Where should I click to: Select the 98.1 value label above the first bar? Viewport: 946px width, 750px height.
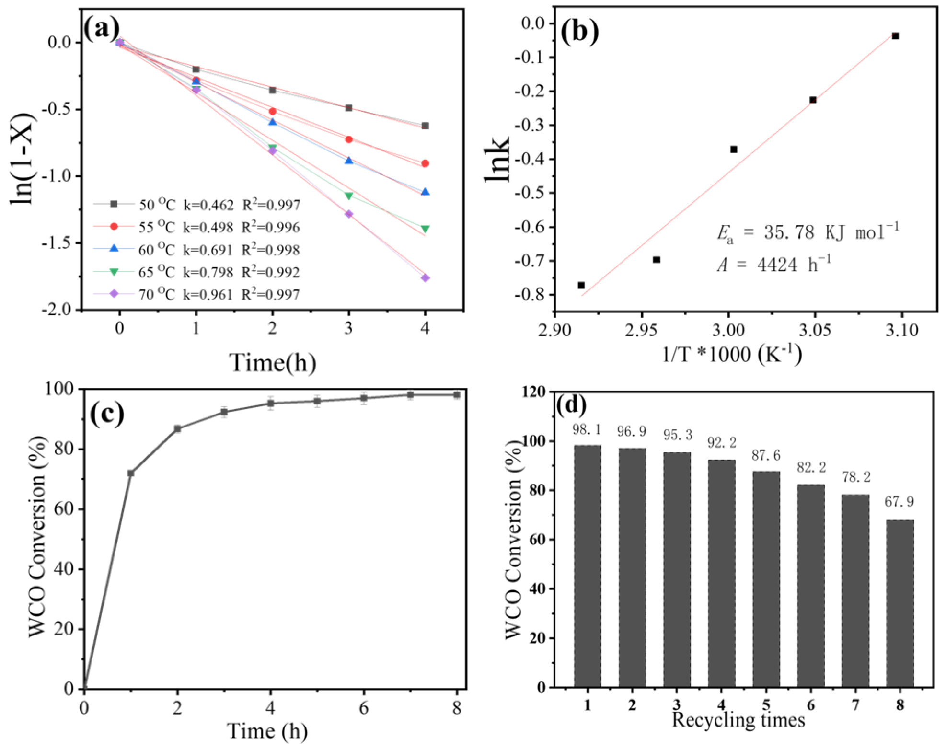(x=587, y=430)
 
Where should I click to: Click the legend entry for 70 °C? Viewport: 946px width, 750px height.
(x=196, y=294)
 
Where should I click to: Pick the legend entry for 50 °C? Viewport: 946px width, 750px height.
(x=196, y=205)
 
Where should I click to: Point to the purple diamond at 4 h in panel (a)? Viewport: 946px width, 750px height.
(x=425, y=278)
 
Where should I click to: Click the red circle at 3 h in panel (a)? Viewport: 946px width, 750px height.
(x=349, y=139)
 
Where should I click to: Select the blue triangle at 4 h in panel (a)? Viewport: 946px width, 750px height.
(x=425, y=192)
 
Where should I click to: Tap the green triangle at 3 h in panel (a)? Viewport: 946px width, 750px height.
(x=349, y=196)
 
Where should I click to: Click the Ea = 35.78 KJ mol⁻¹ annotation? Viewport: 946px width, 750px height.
(x=808, y=232)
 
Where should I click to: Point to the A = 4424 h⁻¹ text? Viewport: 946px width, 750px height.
(x=773, y=264)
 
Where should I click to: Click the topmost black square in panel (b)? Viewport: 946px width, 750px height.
(x=895, y=36)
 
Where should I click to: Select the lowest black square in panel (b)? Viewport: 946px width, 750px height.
(x=581, y=285)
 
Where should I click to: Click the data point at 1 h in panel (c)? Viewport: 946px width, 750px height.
(x=130, y=473)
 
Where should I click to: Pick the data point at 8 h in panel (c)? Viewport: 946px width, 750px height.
(x=457, y=395)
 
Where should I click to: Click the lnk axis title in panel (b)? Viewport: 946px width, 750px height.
(x=496, y=158)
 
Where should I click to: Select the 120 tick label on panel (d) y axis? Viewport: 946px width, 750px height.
(x=533, y=392)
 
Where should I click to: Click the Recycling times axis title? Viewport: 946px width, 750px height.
(x=738, y=720)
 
